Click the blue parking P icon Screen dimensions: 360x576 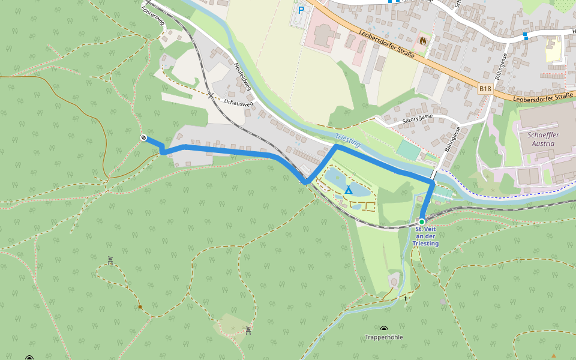pyautogui.click(x=301, y=10)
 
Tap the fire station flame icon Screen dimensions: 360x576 pyautogui.click(x=424, y=41)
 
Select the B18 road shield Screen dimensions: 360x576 pyautogui.click(x=485, y=89)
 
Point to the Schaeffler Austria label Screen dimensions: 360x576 pyautogui.click(x=543, y=139)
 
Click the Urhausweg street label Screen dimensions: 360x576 pyautogui.click(x=238, y=103)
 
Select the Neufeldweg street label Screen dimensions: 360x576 pyautogui.click(x=242, y=77)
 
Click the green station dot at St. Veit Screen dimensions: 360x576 pyautogui.click(x=422, y=221)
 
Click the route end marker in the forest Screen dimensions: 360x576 pyautogui.click(x=143, y=138)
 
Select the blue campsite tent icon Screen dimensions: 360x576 pyautogui.click(x=348, y=190)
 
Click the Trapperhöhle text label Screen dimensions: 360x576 pyautogui.click(x=384, y=337)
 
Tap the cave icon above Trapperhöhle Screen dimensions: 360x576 pyautogui.click(x=384, y=329)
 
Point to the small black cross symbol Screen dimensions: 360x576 pyautogui.click(x=405, y=298)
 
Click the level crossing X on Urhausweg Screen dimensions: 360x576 pyautogui.click(x=210, y=95)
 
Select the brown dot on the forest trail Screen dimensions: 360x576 pyautogui.click(x=140, y=307)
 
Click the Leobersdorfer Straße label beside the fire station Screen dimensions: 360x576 pyautogui.click(x=388, y=43)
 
